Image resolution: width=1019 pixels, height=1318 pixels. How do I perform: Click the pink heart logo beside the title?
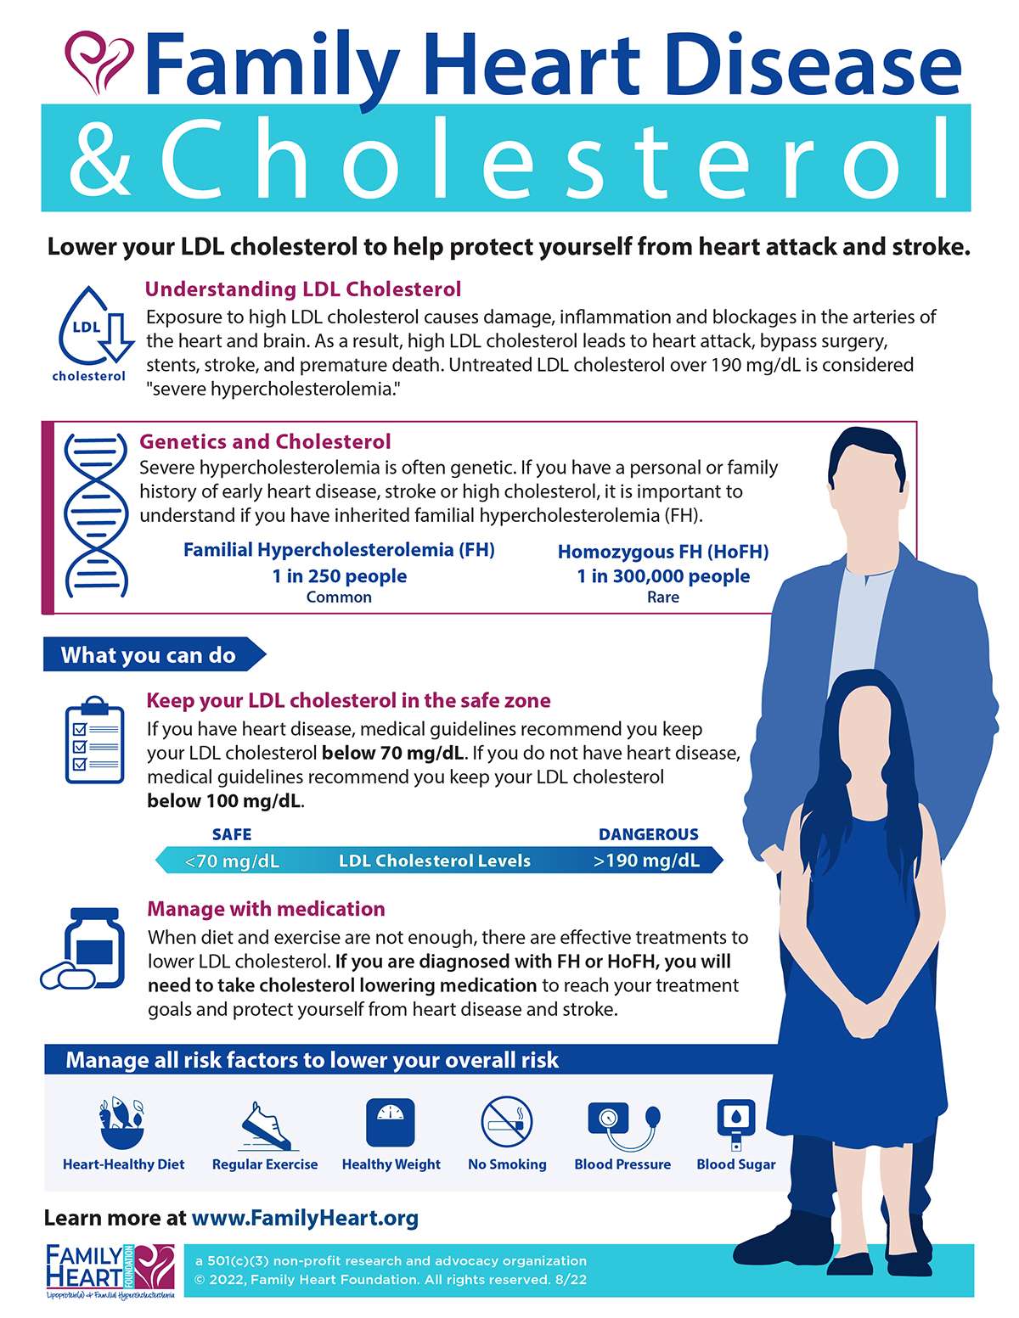(x=99, y=61)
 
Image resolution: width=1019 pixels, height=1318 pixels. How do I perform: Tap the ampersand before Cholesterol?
(x=101, y=158)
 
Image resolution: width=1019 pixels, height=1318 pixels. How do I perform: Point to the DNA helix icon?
(x=96, y=515)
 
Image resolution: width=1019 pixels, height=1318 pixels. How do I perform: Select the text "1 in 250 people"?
(x=339, y=576)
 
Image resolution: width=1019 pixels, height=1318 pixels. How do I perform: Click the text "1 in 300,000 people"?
(x=663, y=576)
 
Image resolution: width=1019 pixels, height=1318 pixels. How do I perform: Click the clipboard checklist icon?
(x=94, y=740)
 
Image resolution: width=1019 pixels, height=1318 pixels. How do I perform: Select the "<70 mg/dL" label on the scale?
(x=232, y=861)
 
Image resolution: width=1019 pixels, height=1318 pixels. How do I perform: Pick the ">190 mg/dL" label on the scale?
(x=647, y=861)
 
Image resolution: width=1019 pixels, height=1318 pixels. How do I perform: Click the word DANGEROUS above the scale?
(x=649, y=834)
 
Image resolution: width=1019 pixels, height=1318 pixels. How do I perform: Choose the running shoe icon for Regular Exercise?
(x=265, y=1125)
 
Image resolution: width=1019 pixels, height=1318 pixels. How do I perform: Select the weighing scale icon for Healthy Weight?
(x=391, y=1123)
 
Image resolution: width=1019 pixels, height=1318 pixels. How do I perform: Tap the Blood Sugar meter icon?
(x=735, y=1125)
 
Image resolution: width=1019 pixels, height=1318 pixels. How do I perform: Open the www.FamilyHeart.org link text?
(x=305, y=1219)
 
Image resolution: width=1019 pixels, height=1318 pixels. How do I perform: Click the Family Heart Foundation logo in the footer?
(x=110, y=1270)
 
